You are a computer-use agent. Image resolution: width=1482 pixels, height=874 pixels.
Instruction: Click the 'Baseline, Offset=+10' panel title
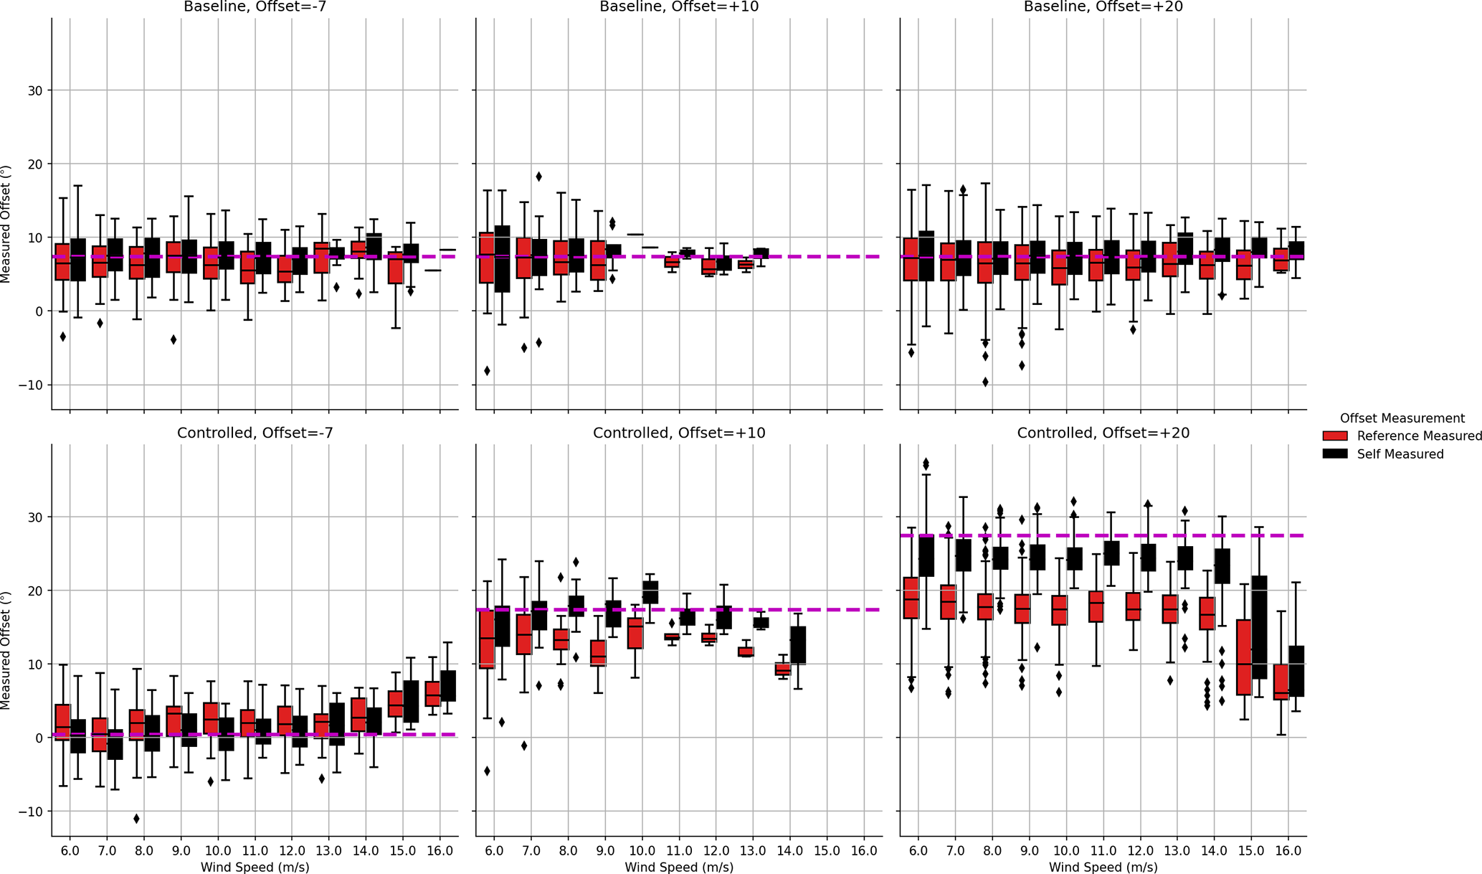pos(678,6)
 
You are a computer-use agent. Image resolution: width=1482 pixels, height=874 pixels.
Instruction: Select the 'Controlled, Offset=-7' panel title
pos(255,433)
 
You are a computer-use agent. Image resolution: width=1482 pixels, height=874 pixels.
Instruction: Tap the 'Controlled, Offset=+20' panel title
pos(1103,433)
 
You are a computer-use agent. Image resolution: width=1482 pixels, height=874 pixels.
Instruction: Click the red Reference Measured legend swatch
pos(1335,436)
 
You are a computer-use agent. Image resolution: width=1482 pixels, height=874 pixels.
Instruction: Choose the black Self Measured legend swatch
pos(1335,454)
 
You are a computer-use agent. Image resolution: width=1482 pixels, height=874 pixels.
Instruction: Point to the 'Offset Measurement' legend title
pos(1402,418)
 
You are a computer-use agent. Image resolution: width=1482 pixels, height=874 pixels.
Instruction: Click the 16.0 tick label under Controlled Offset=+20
pos(1288,850)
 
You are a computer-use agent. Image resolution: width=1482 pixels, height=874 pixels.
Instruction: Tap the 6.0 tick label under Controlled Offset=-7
pos(70,850)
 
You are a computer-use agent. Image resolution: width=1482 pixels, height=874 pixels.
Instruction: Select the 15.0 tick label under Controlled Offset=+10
pos(827,850)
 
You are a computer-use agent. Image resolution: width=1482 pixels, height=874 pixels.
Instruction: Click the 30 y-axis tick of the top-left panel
pos(35,90)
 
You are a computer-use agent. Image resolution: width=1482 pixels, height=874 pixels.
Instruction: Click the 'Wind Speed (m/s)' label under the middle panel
pos(678,867)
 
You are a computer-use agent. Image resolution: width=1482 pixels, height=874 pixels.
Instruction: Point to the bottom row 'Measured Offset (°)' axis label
pos(6,650)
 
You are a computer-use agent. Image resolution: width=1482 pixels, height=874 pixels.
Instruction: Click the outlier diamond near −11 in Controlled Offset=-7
pos(136,819)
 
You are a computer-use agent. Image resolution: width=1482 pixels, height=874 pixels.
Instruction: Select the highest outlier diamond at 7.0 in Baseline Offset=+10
pos(539,177)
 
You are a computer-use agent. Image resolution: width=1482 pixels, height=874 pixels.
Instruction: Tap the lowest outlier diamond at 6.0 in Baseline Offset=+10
pos(487,371)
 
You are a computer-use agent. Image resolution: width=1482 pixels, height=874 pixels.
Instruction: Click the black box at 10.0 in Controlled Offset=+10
pos(650,592)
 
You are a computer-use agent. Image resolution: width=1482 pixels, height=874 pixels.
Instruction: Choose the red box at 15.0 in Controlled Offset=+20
pos(1244,657)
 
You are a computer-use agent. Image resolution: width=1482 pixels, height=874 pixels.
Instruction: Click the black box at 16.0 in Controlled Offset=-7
pos(448,685)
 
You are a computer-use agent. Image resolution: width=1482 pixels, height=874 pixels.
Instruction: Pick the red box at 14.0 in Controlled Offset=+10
pos(782,669)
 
